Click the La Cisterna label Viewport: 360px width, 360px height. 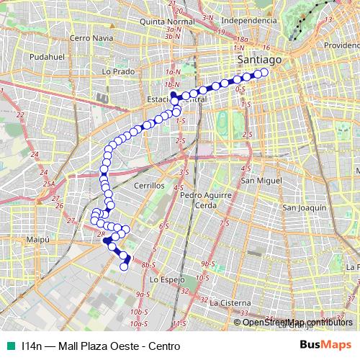click(x=228, y=303)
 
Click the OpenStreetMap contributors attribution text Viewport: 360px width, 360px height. click(x=298, y=322)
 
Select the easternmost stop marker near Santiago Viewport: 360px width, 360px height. click(x=264, y=72)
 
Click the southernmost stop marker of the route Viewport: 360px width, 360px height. click(x=123, y=266)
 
